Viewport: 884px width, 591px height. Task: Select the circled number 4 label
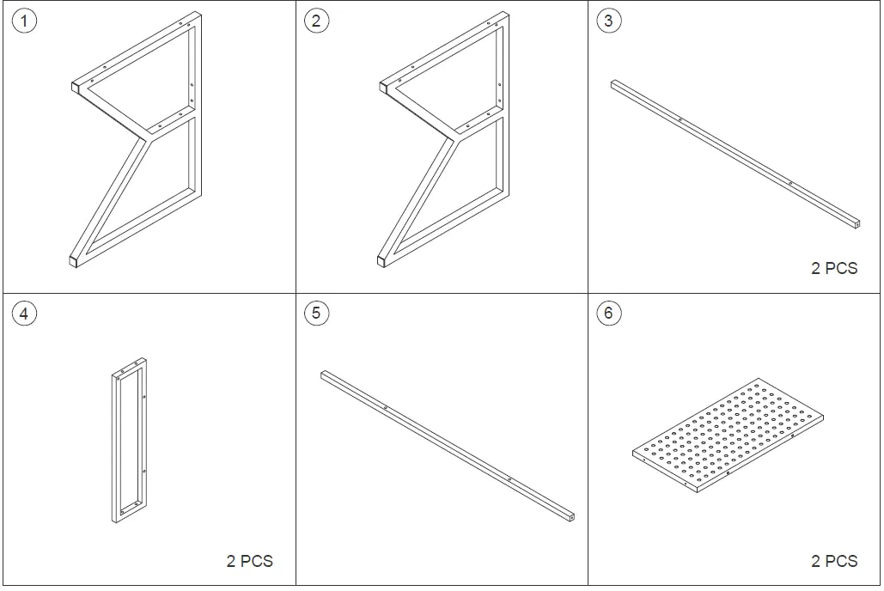(x=23, y=314)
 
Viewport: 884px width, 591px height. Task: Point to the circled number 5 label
(x=316, y=314)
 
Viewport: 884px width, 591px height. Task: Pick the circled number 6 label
(x=608, y=314)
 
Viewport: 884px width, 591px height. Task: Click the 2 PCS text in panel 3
(x=833, y=268)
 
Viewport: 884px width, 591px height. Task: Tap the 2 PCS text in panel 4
(x=249, y=561)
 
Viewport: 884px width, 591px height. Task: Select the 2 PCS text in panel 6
(x=833, y=561)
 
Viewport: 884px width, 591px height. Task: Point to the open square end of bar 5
(x=570, y=517)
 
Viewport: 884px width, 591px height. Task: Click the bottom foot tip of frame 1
(x=73, y=259)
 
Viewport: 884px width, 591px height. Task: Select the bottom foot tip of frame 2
(x=382, y=259)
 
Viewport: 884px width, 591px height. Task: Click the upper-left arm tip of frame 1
(x=74, y=86)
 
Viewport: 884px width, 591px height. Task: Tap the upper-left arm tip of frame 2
(x=383, y=86)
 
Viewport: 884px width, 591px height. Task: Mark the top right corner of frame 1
(x=198, y=15)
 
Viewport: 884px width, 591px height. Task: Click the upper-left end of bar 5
(x=324, y=375)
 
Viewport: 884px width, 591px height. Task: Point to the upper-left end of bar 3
(x=613, y=83)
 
